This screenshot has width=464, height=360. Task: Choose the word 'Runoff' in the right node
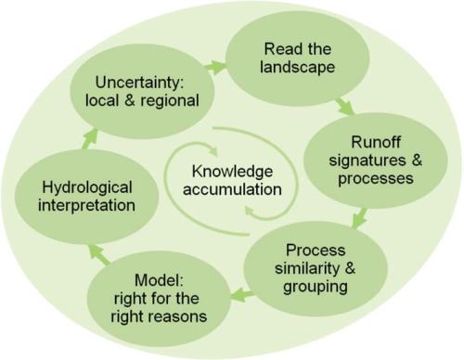coord(357,144)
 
